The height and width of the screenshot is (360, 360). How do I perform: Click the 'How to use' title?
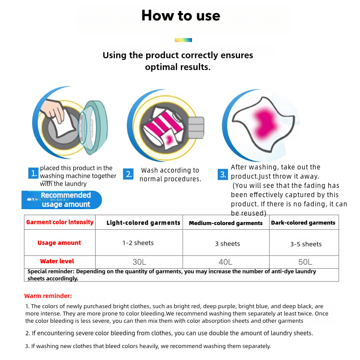[180, 16]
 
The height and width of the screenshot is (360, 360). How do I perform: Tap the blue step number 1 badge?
[34, 174]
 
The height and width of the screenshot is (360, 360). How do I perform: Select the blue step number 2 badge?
[129, 174]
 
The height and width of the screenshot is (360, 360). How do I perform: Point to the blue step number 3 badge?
[223, 174]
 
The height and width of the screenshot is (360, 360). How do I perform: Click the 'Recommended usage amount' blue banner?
[63, 200]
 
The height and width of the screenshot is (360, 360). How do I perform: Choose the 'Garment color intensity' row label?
[60, 222]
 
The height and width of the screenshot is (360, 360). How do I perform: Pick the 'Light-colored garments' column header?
[143, 222]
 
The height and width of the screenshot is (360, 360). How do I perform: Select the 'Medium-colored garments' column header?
[225, 223]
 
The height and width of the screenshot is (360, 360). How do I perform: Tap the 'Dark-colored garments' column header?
[303, 222]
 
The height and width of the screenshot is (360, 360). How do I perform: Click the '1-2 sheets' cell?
[138, 243]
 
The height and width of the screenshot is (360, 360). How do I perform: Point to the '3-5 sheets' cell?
[306, 244]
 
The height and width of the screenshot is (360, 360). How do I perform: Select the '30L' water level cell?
[139, 261]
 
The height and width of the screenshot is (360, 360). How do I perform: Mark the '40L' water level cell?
[225, 262]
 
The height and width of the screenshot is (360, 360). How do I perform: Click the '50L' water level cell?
[305, 262]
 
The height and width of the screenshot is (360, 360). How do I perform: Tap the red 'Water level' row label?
[57, 261]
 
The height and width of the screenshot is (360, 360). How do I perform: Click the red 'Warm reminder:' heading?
[48, 296]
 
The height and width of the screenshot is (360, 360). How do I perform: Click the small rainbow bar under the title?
[183, 40]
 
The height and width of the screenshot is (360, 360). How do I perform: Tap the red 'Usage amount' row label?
[59, 243]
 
